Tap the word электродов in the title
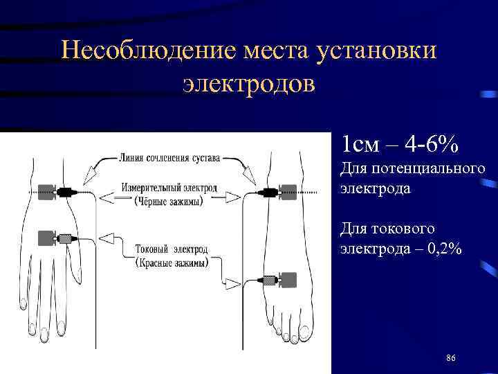(248, 83)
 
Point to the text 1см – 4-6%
(398, 145)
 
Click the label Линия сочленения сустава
(169, 158)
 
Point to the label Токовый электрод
(169, 249)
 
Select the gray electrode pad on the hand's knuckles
(47, 238)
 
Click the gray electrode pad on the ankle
(287, 192)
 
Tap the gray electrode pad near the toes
(287, 280)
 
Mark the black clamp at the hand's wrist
(67, 192)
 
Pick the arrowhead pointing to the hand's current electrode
(108, 239)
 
